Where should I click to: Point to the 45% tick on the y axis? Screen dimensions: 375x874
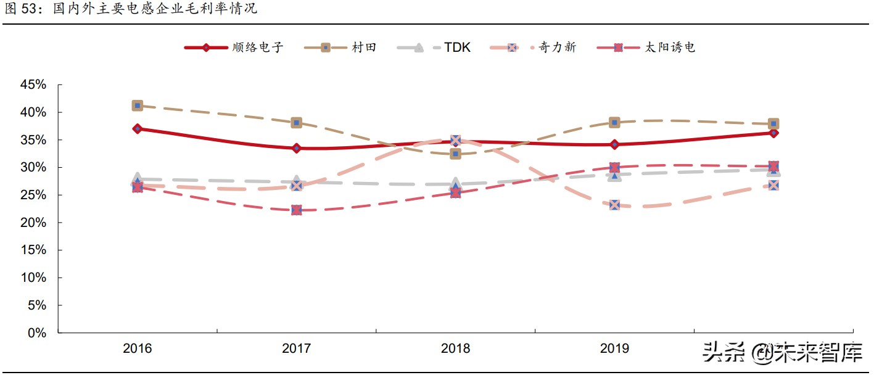(33, 85)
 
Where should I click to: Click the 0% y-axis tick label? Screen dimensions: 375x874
(38, 333)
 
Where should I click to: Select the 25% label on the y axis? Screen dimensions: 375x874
(33, 195)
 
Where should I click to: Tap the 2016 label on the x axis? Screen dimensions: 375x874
(138, 348)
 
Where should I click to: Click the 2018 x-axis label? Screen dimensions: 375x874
(455, 348)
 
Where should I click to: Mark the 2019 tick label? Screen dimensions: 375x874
(614, 348)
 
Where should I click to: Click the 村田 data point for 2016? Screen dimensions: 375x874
(138, 105)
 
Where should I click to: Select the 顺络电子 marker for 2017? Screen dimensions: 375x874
(297, 148)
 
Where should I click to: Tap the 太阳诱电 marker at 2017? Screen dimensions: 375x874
(297, 210)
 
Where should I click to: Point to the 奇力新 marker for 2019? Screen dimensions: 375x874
(614, 205)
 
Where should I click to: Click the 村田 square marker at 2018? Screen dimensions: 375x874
(455, 154)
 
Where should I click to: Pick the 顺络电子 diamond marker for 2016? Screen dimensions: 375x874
(138, 129)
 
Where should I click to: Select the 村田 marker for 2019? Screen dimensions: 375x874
(614, 122)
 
